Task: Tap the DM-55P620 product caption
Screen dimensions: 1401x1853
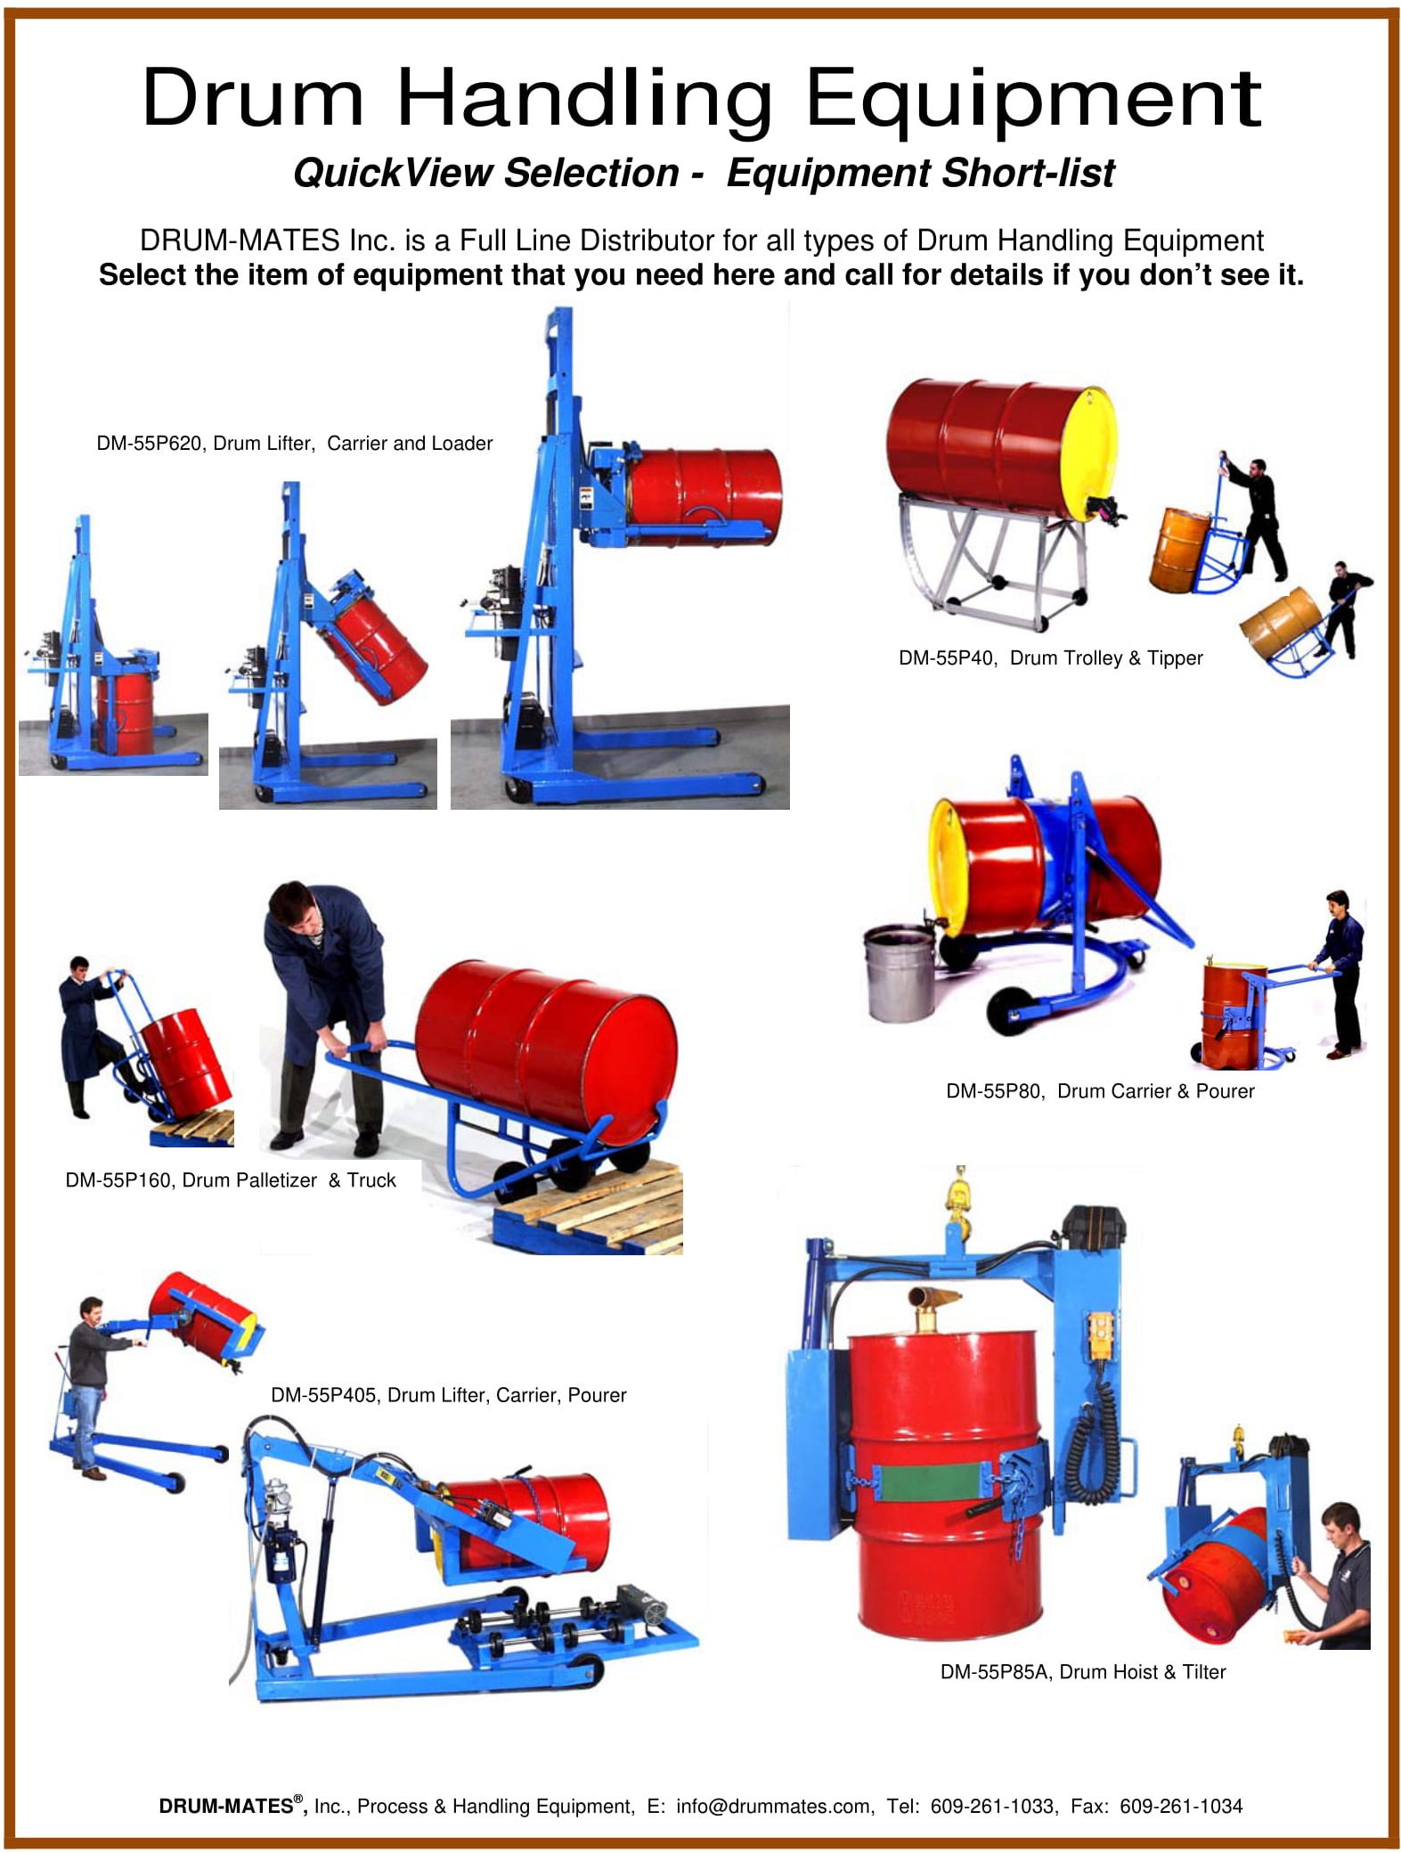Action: point(295,444)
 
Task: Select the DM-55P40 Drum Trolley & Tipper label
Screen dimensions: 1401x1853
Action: point(1050,658)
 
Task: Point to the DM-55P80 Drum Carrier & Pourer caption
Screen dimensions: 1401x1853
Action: point(1100,1091)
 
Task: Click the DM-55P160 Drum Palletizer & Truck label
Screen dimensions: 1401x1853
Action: point(231,1180)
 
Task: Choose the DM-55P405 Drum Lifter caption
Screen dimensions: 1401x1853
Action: point(448,1395)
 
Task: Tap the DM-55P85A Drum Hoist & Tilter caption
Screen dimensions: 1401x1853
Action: point(1083,1672)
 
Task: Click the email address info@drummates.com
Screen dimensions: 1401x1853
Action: point(773,1806)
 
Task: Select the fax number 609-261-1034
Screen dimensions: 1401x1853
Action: point(1181,1806)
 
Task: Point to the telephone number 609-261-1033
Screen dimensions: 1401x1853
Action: point(991,1806)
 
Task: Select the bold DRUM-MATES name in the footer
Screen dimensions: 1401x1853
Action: point(226,1806)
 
